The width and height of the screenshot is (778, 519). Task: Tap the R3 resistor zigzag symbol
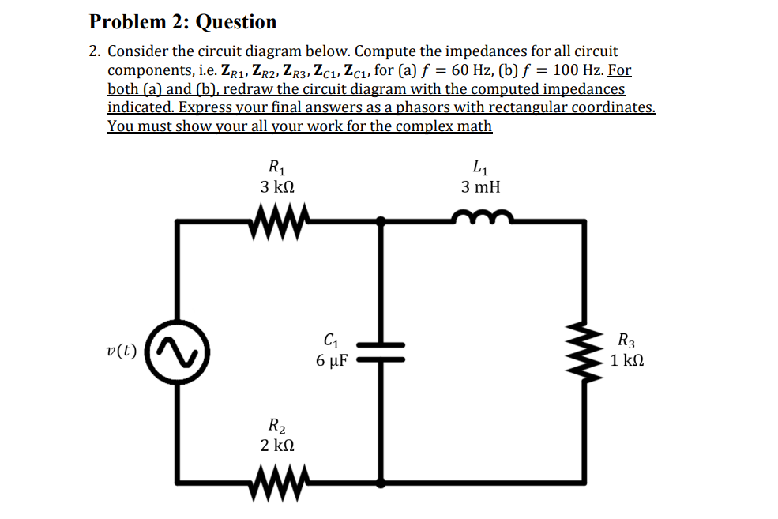[586, 352]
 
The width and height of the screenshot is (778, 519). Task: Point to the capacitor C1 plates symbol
[382, 352]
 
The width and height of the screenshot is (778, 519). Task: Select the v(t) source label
[121, 351]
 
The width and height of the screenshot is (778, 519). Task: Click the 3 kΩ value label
[277, 187]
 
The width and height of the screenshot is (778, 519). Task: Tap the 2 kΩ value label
[277, 446]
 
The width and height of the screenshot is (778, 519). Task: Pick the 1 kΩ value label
[627, 361]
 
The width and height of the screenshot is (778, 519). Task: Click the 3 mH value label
[480, 187]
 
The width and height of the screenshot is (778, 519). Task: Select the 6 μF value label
[332, 361]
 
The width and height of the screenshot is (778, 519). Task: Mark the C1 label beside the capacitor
[332, 342]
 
